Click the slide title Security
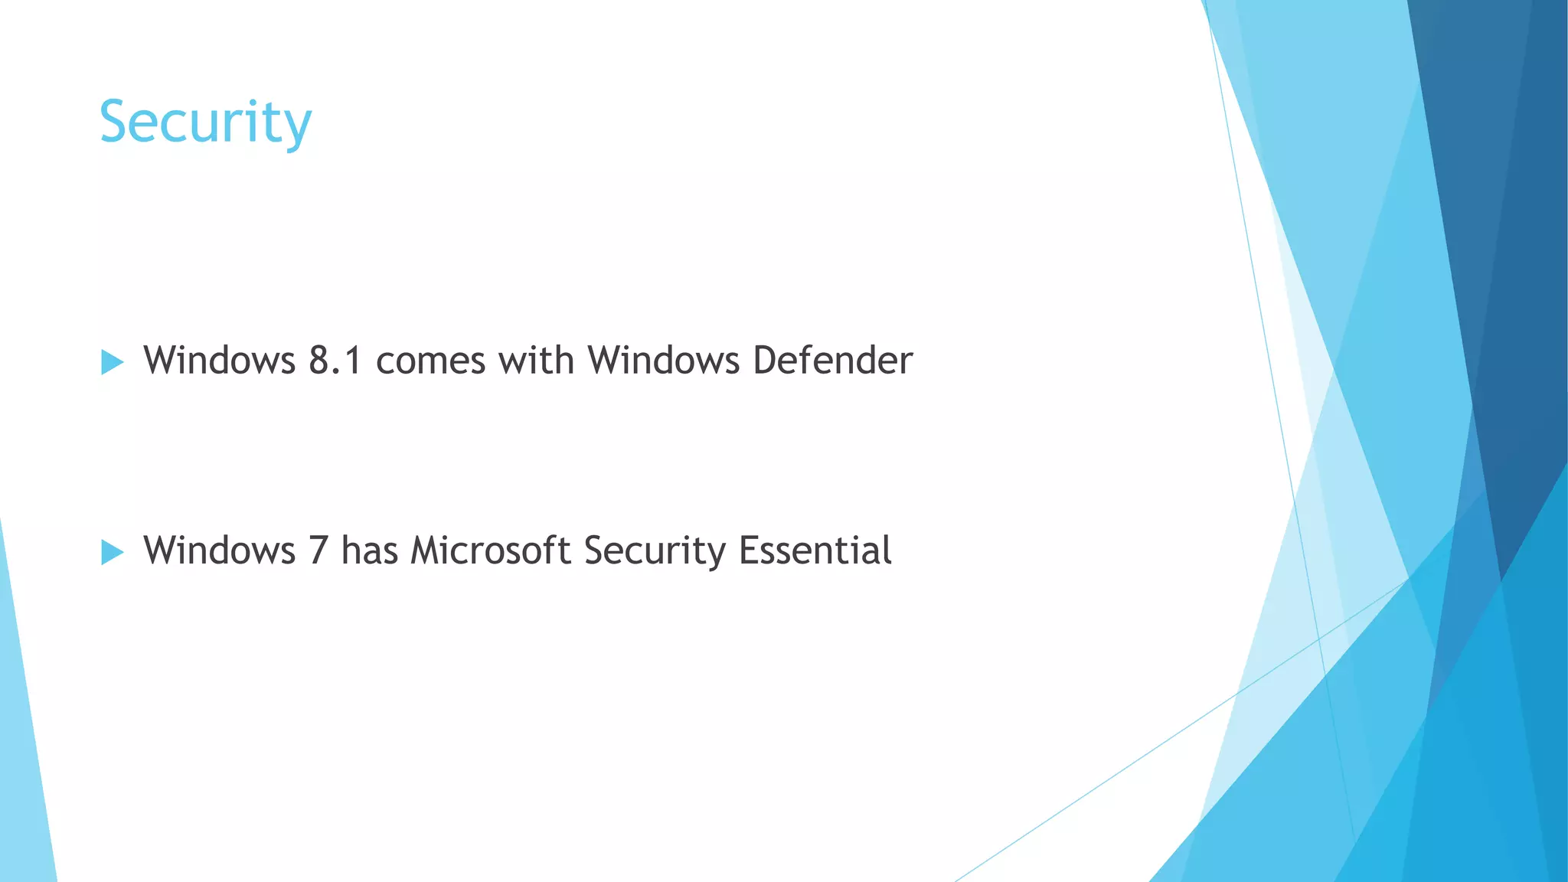point(205,122)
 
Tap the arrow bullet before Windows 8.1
point(112,362)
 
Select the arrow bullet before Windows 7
point(112,552)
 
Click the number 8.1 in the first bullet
point(335,361)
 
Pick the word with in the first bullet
point(536,360)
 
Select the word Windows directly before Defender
point(663,360)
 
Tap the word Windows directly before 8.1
point(219,360)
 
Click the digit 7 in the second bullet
point(318,550)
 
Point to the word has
point(369,550)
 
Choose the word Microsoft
point(490,550)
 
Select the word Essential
point(815,550)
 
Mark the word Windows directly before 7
point(219,550)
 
